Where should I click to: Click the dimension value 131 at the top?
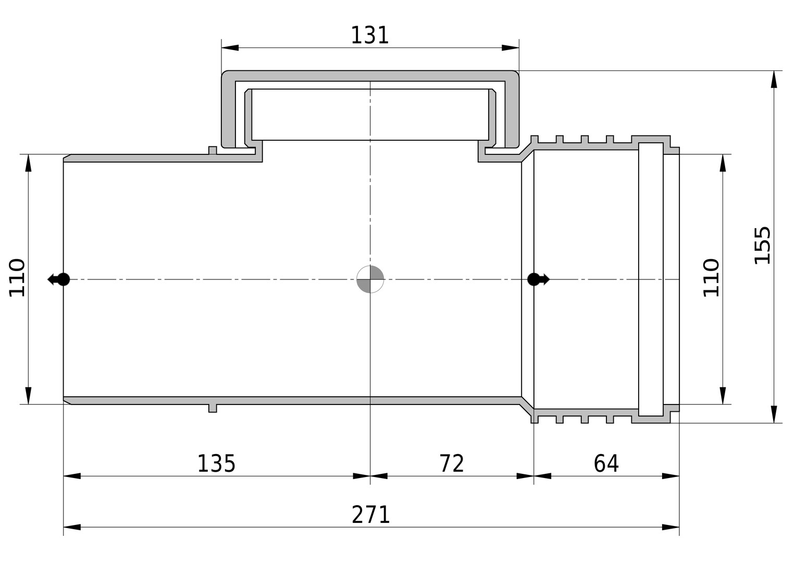369,35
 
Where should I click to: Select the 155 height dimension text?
762,246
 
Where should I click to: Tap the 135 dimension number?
216,464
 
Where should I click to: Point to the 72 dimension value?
452,463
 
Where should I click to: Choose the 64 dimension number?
606,463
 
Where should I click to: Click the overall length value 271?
370,515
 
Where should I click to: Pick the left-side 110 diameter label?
17,278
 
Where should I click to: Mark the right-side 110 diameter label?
711,278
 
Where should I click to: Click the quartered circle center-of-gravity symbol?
370,279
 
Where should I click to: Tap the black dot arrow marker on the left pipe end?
59,279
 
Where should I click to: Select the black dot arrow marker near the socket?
538,279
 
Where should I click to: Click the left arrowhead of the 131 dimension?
230,47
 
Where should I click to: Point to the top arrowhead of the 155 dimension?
774,79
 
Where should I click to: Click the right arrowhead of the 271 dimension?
670,527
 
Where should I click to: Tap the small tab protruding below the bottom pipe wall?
213,409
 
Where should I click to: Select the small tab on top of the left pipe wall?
213,150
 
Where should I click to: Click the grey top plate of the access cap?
370,76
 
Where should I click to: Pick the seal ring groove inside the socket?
651,279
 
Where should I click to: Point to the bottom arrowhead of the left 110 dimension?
29,395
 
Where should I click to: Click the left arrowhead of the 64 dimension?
542,476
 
